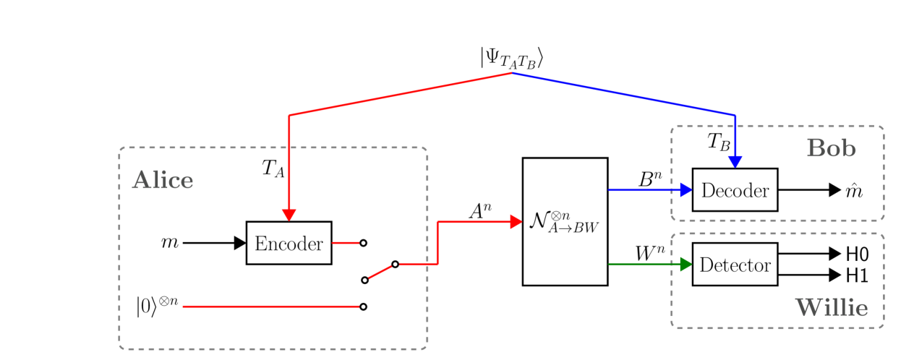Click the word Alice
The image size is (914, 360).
[x=163, y=181]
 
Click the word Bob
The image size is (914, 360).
[x=831, y=149]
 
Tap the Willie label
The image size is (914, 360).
[x=831, y=308]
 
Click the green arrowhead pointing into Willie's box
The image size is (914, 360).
[x=686, y=265]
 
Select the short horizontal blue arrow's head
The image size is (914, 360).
[x=686, y=190]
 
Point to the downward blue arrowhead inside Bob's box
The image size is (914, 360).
[x=735, y=161]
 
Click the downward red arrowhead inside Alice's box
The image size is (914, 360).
[x=289, y=215]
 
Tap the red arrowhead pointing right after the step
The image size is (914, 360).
[x=516, y=222]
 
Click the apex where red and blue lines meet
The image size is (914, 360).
[x=512, y=73]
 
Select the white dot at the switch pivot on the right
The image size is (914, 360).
[x=395, y=264]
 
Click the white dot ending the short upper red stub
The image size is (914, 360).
[x=363, y=243]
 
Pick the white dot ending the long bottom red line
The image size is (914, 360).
[x=363, y=307]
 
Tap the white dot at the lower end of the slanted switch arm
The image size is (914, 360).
[x=365, y=280]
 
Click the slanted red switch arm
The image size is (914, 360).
[x=380, y=272]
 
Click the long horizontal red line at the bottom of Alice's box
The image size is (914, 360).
[x=271, y=307]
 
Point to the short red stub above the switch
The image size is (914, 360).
[x=346, y=243]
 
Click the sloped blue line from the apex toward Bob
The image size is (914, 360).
[x=622, y=94]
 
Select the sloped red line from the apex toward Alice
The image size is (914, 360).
[x=401, y=94]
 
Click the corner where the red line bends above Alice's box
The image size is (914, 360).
[x=289, y=115]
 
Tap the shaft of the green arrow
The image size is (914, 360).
[x=640, y=265]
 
